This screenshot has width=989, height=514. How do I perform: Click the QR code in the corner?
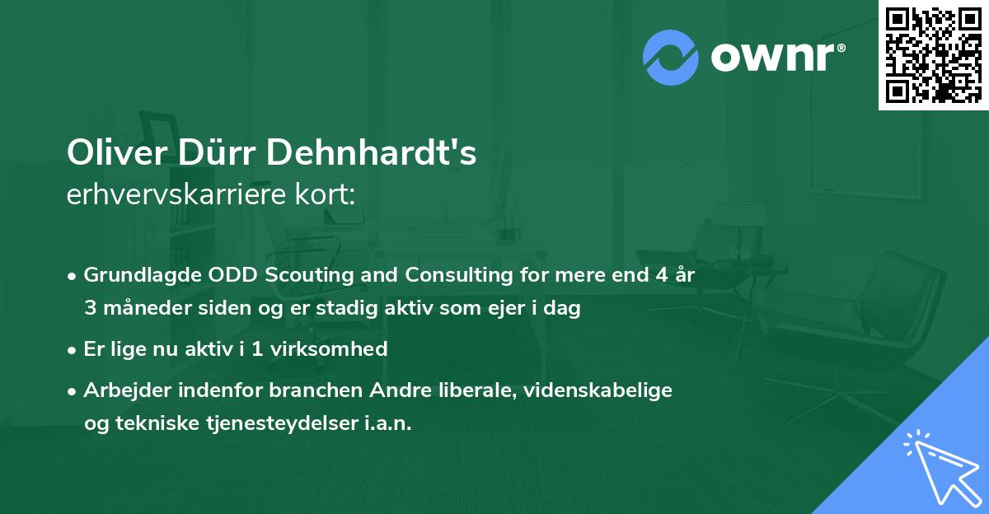[933, 54]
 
